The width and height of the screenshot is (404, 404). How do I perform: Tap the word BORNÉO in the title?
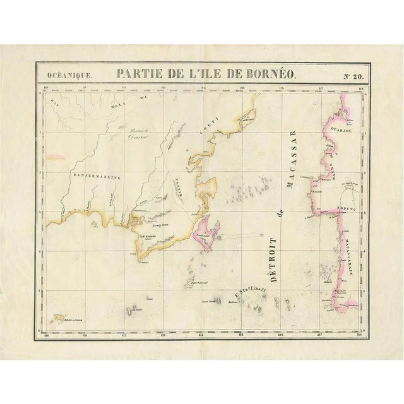(271, 74)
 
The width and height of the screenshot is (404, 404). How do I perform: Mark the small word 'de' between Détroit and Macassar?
(278, 213)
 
